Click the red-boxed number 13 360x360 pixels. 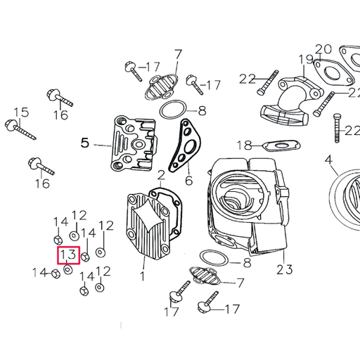coord(67,255)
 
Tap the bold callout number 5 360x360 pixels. coord(85,143)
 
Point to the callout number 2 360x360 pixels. coord(161,174)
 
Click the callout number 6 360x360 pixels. coord(188,181)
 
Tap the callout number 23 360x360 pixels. coord(284,269)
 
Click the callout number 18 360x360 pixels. coord(243,146)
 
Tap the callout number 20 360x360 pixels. coord(323,49)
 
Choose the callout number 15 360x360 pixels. coord(21,112)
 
